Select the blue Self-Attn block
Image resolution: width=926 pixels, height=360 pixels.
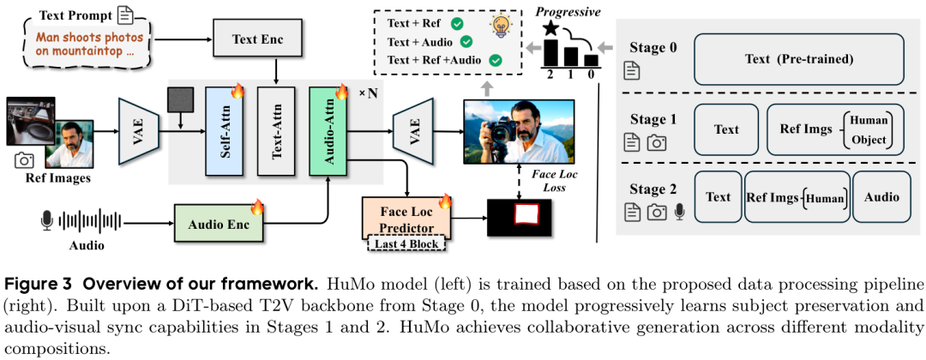click(x=225, y=133)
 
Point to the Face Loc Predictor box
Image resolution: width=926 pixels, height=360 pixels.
click(x=407, y=215)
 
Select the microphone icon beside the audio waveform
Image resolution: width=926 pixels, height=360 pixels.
click(x=47, y=222)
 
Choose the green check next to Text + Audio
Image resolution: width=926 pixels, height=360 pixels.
click(x=467, y=41)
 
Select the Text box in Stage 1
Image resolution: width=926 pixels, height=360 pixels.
click(x=725, y=129)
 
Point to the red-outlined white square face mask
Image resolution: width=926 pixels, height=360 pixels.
click(x=520, y=216)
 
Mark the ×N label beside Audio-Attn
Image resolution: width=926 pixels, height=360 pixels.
click(x=367, y=92)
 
